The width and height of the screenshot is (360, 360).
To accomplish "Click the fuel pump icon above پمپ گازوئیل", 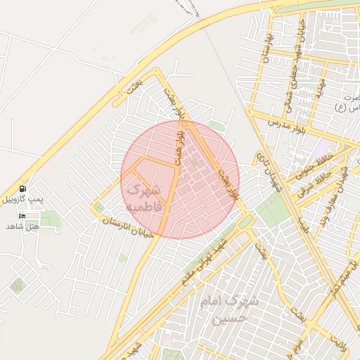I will point(23,188).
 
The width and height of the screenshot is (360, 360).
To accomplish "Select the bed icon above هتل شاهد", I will point(22,216).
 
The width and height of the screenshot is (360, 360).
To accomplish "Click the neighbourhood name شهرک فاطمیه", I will point(143,198).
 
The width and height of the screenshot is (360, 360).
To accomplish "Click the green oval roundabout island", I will point(245,222).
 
